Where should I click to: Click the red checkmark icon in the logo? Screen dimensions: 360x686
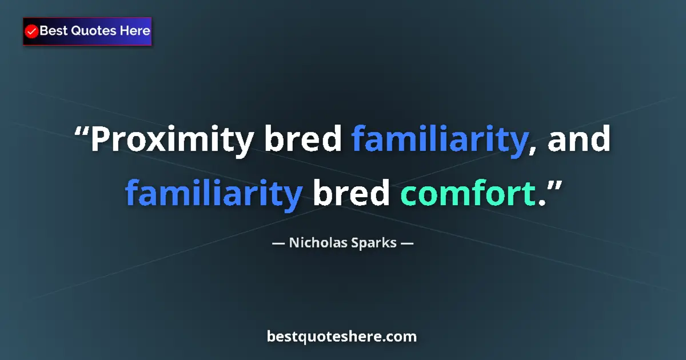(x=32, y=31)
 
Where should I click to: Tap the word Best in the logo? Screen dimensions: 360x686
(x=53, y=31)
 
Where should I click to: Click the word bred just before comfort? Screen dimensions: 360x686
(x=350, y=193)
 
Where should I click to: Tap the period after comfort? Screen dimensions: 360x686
(x=541, y=203)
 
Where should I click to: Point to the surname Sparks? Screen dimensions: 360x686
(x=372, y=243)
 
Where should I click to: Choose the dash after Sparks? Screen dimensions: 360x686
(x=407, y=243)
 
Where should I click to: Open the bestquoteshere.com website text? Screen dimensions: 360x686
(x=342, y=337)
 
